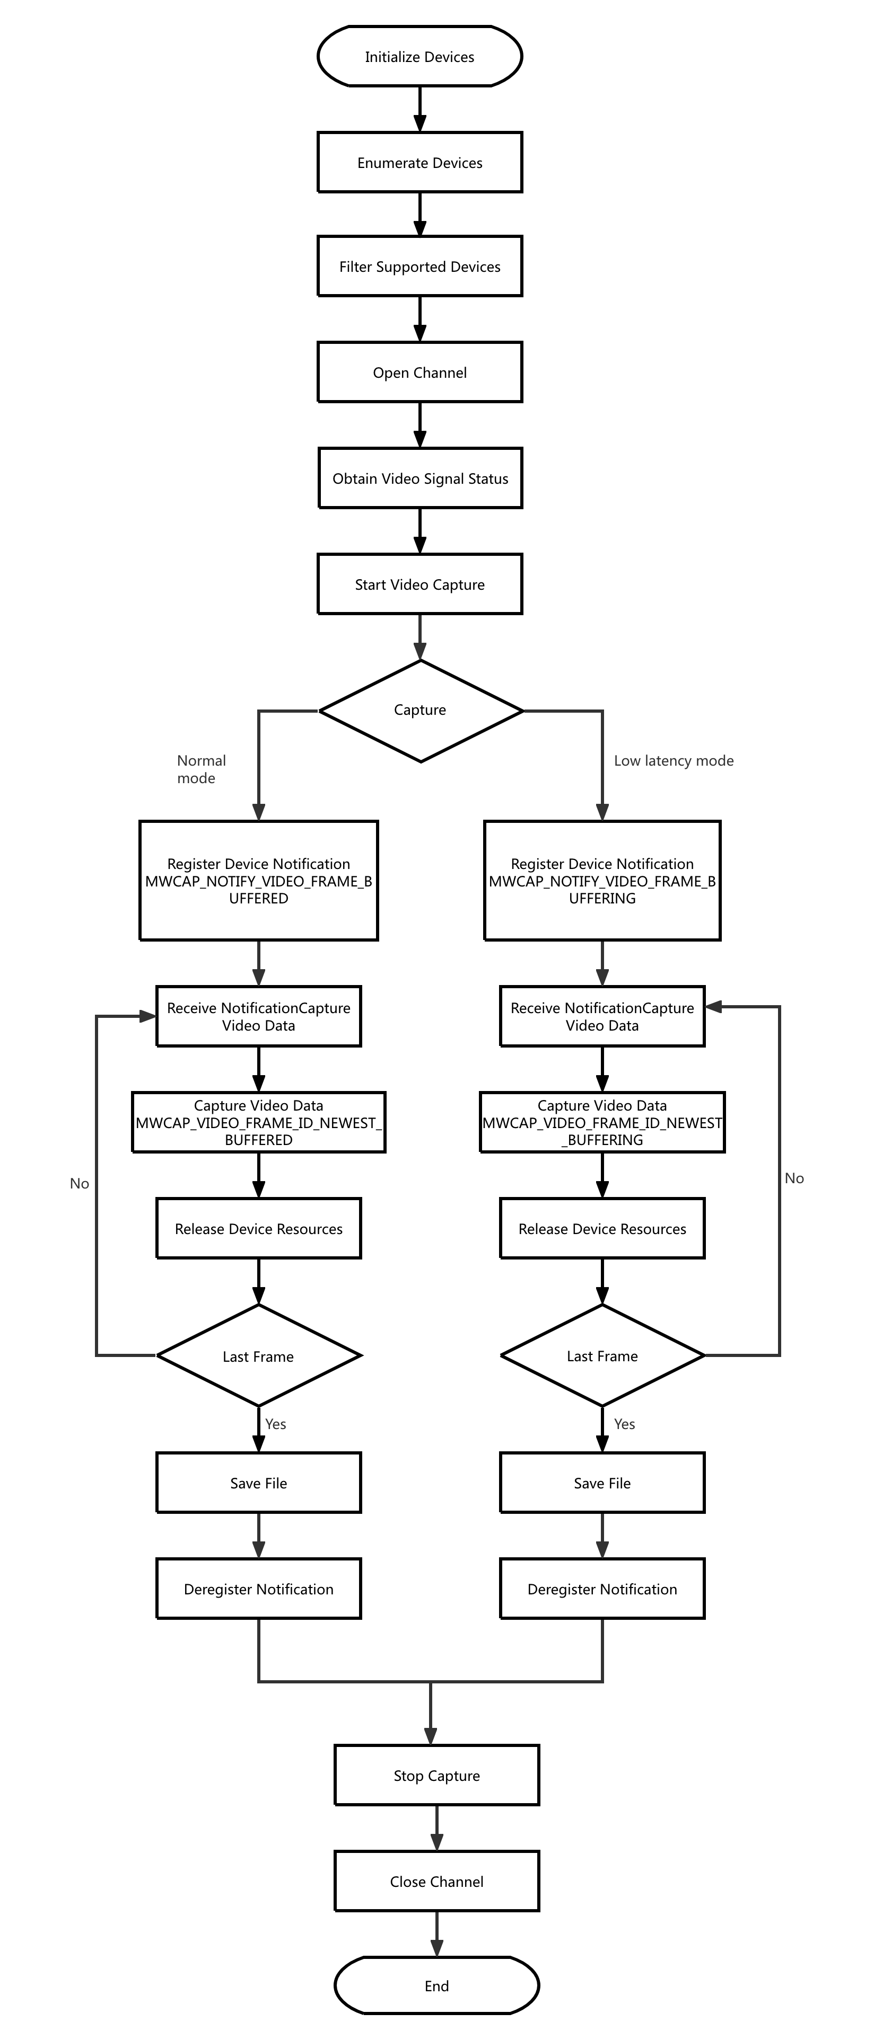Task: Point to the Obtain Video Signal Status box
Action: point(420,478)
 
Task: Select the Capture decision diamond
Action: point(420,711)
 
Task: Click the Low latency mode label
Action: point(674,760)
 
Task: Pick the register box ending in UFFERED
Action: point(258,881)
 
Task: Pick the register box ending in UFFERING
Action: point(602,881)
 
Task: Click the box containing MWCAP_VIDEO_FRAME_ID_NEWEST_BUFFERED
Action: point(258,1122)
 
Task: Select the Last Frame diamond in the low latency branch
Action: point(602,1356)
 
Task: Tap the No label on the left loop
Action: point(79,1183)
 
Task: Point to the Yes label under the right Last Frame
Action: point(624,1424)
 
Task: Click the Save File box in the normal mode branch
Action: point(258,1483)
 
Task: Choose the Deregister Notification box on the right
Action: point(602,1590)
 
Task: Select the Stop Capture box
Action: point(436,1776)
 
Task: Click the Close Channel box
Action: point(436,1882)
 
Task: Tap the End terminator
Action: point(436,1985)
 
